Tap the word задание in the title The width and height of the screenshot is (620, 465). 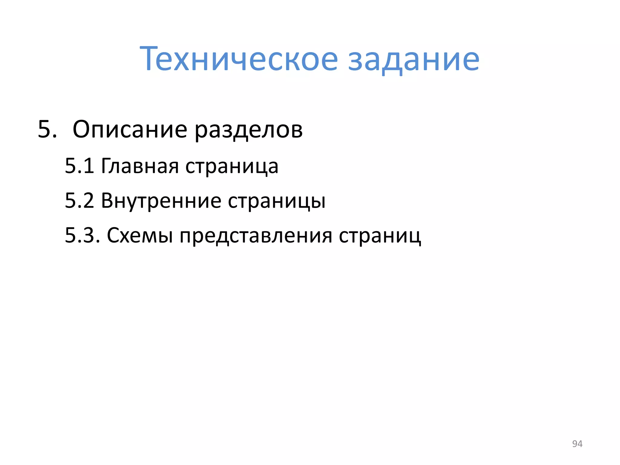coord(414,59)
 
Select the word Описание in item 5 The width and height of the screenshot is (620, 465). coord(130,130)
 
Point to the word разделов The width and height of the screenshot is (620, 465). coord(248,130)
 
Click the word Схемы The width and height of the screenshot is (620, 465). coord(140,235)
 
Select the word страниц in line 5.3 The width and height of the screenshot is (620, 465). coord(380,236)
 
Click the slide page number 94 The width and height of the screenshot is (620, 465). coord(577,444)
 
